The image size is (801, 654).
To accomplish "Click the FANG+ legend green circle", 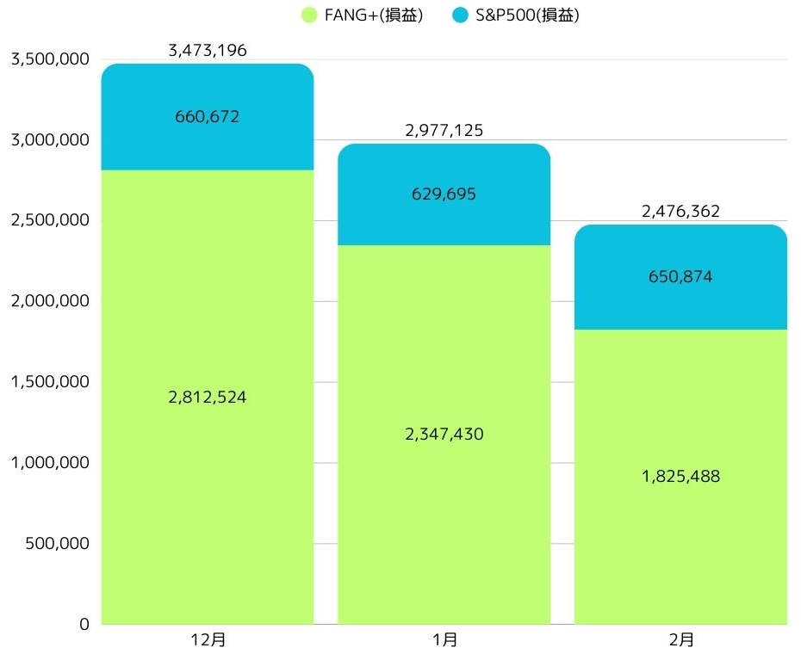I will tap(309, 15).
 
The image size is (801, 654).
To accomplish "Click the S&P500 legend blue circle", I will tap(460, 15).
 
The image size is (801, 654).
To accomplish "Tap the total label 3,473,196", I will tap(208, 51).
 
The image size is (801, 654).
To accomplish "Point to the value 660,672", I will tap(208, 117).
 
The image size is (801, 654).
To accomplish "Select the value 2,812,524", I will tap(208, 398).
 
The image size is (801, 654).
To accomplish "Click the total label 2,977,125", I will tap(444, 131).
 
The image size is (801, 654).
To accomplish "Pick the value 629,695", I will tap(444, 194).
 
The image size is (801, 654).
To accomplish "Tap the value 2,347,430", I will tap(444, 435).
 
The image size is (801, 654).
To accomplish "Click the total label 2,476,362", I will tap(680, 212).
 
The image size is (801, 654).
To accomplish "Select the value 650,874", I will tap(680, 277).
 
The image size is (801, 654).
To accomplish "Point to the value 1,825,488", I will tap(680, 477).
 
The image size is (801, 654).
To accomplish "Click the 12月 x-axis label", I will tap(208, 640).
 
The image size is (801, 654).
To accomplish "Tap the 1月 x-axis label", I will tap(444, 640).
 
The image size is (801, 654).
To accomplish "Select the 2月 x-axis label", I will tap(680, 640).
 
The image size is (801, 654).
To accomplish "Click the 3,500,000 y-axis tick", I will tap(48, 59).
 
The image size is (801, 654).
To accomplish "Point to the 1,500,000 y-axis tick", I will tap(48, 382).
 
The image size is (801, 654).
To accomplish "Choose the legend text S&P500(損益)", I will tap(526, 15).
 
